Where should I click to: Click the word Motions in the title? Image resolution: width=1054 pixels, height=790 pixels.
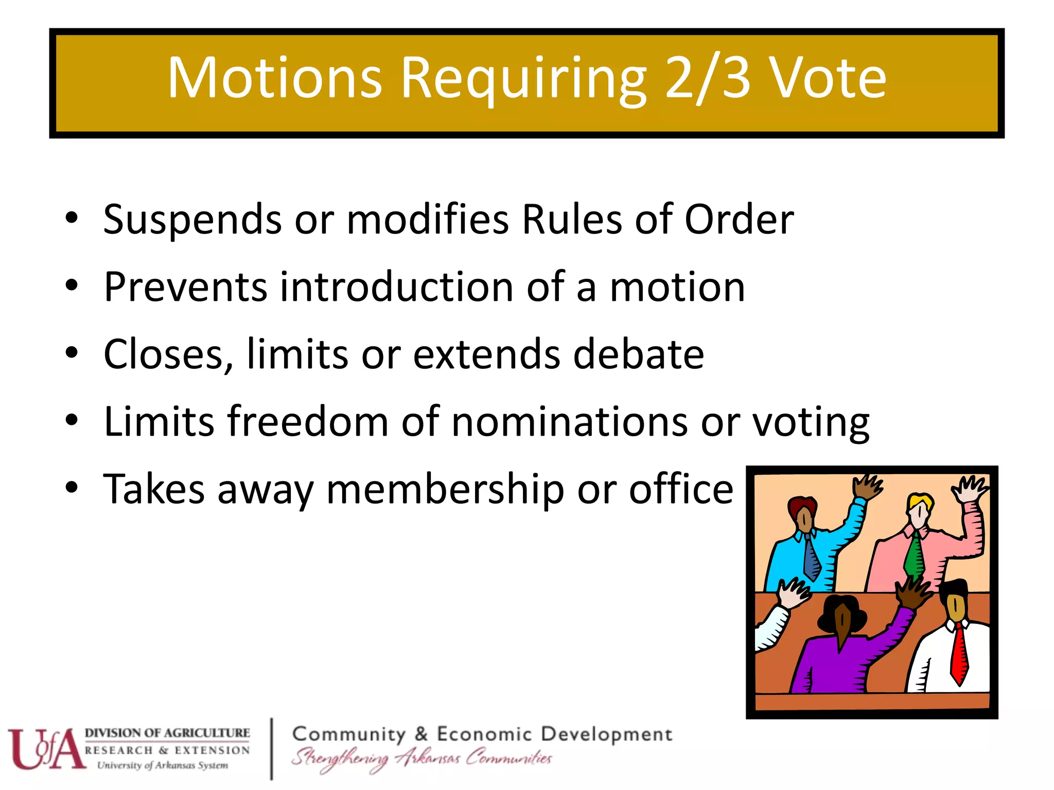pos(275,78)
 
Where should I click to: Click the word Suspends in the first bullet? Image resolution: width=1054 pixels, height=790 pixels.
pos(192,220)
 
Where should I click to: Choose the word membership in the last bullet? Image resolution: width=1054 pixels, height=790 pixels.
pos(445,489)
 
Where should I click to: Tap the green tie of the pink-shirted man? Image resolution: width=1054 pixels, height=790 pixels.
pos(915,555)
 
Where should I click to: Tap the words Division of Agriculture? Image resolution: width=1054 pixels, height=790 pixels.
pos(167,733)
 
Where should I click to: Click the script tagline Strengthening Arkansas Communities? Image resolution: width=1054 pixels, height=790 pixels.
pos(421,759)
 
